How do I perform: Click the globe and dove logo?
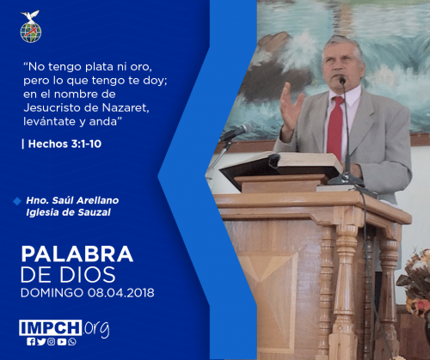(x=31, y=27)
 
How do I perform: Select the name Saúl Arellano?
(x=85, y=200)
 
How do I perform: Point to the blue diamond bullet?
(x=17, y=201)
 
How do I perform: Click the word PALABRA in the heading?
(x=77, y=254)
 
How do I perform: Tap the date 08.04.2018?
(x=121, y=293)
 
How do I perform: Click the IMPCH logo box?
(x=51, y=327)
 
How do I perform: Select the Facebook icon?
(x=31, y=342)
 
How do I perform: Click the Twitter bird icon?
(x=41, y=342)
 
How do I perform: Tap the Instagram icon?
(x=52, y=342)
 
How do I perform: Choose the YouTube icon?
(x=62, y=342)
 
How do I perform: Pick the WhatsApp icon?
(x=72, y=342)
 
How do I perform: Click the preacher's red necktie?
(x=335, y=127)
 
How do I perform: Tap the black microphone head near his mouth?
(x=342, y=80)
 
